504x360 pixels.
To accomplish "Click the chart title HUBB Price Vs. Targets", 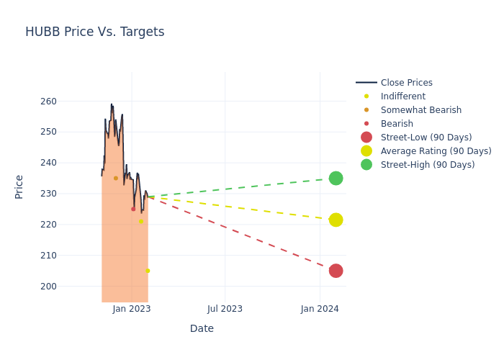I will coord(94,32).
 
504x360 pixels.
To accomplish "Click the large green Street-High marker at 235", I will coord(336,178).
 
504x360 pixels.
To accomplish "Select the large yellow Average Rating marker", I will coord(336,220).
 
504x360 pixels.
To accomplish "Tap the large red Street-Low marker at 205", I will coord(336,271).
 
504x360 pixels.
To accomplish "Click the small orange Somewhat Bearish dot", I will coord(115,178).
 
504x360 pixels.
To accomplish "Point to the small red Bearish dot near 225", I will coord(133,209).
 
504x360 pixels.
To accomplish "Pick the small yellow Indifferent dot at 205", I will coord(148,271).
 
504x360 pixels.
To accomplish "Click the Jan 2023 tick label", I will coord(132,309).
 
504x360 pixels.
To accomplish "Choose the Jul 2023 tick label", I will coord(225,309).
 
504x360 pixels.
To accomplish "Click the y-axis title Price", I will coord(19,186).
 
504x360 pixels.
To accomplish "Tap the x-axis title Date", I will coord(202,328).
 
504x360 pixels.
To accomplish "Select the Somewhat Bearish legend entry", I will coord(420,110).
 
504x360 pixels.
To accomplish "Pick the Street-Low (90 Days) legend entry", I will coord(426,138).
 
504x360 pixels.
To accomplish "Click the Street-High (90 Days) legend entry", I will coord(427,165).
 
